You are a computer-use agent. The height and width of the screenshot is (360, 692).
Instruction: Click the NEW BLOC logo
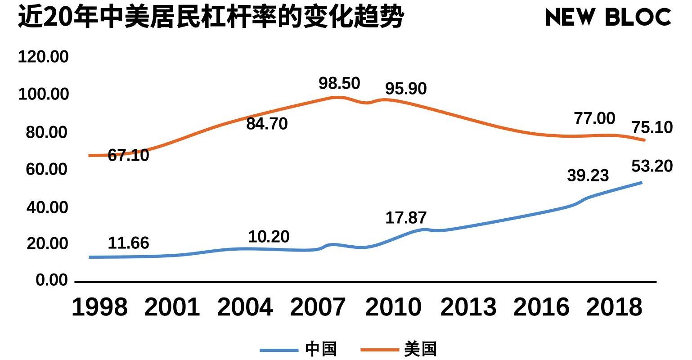tap(608, 18)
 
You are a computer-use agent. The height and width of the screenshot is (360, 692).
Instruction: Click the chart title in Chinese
tap(211, 18)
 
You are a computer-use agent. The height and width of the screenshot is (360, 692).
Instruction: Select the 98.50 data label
tap(339, 83)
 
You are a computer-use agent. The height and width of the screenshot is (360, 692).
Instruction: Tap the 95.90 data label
tap(405, 89)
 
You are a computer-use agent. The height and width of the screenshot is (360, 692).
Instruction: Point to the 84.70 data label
tap(267, 124)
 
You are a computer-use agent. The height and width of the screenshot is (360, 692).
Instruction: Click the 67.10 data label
tap(128, 155)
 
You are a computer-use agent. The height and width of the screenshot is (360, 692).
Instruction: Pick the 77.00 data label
tap(594, 118)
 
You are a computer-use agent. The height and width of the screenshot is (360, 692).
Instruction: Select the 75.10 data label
tap(652, 127)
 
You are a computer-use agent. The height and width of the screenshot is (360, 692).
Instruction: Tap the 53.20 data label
tap(652, 166)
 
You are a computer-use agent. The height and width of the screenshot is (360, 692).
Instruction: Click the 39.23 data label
tap(588, 175)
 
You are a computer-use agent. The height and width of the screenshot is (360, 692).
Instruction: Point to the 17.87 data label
tap(405, 218)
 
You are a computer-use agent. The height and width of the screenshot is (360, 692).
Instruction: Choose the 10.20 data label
tap(269, 237)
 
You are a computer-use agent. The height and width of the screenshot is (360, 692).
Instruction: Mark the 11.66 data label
tap(128, 243)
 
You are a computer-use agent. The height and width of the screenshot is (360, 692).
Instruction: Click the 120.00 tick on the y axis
tap(43, 57)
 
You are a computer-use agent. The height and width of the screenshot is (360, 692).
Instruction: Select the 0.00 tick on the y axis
tap(52, 280)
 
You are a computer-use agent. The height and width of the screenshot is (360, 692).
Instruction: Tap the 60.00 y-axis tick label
tap(47, 169)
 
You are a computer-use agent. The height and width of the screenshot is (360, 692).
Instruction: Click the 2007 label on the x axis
tap(318, 307)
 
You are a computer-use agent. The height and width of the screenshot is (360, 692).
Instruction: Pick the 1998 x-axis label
tap(99, 307)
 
